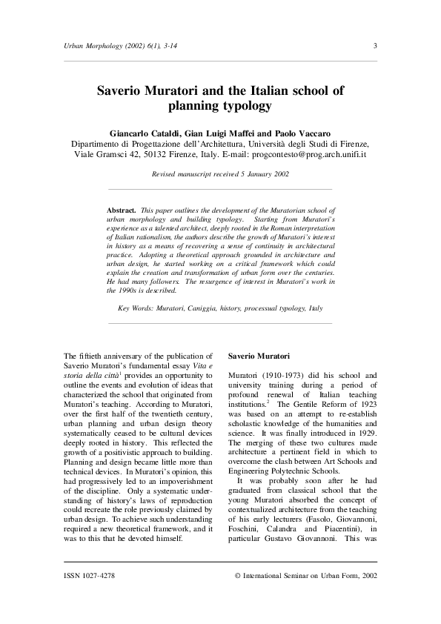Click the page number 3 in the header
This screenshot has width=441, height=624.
[376, 45]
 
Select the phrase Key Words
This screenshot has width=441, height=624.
[136, 307]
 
